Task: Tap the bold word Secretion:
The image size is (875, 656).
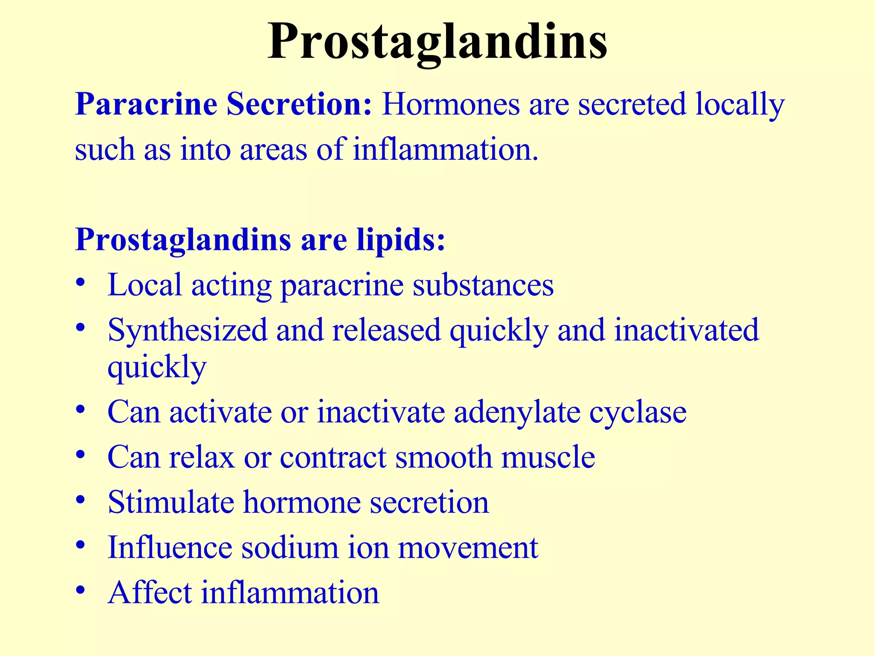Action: pos(299,104)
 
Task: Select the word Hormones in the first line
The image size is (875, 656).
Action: pos(451,104)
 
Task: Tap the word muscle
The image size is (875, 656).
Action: pos(548,457)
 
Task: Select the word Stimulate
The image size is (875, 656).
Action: pos(171,502)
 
